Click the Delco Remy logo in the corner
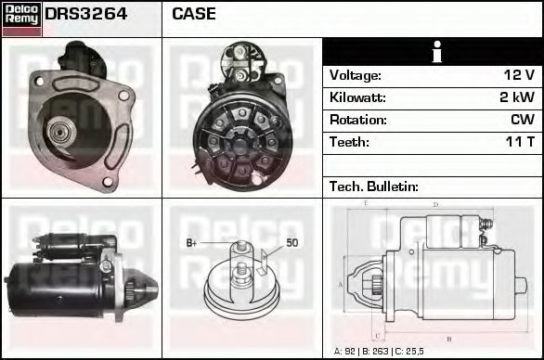(21, 18)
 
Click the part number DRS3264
(86, 14)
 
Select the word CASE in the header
(194, 14)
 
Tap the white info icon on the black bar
(432, 52)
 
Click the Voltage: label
(355, 75)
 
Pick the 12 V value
(517, 75)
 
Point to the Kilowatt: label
(357, 97)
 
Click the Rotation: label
(356, 120)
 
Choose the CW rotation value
(522, 120)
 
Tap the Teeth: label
(349, 142)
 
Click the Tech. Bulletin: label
(374, 186)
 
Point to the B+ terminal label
(192, 243)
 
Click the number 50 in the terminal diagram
(291, 243)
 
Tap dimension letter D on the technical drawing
(435, 205)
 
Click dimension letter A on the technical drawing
(341, 284)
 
